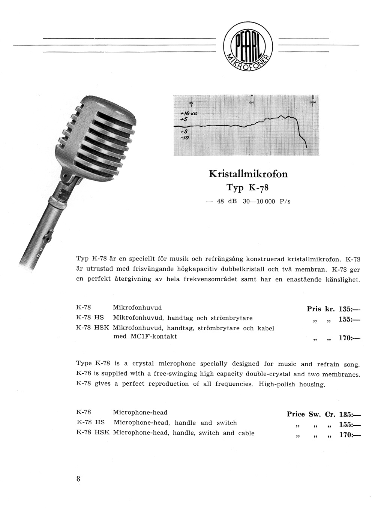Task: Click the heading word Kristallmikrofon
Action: (x=248, y=174)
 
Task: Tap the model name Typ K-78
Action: (x=247, y=187)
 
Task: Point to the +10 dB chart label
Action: (x=189, y=113)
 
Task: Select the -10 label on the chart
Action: (x=184, y=138)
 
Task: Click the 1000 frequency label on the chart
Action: (x=251, y=102)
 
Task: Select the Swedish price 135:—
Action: (x=349, y=309)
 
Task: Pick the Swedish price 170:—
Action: (x=349, y=338)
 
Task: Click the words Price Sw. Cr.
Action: (x=311, y=414)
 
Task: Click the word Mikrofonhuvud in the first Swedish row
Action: (x=137, y=308)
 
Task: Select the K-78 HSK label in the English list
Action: (x=93, y=433)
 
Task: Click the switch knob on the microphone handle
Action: (x=48, y=237)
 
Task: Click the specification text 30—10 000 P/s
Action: (x=266, y=201)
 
